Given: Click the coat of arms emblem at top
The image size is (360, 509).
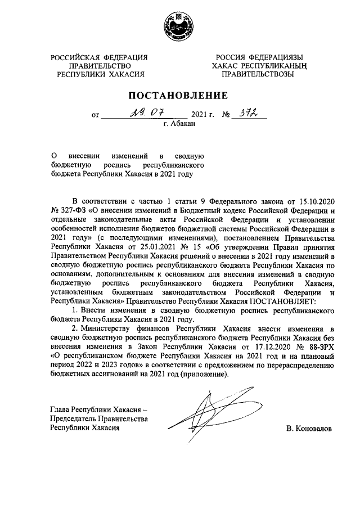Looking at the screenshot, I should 179,25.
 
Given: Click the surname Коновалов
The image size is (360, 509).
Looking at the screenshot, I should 309,429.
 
